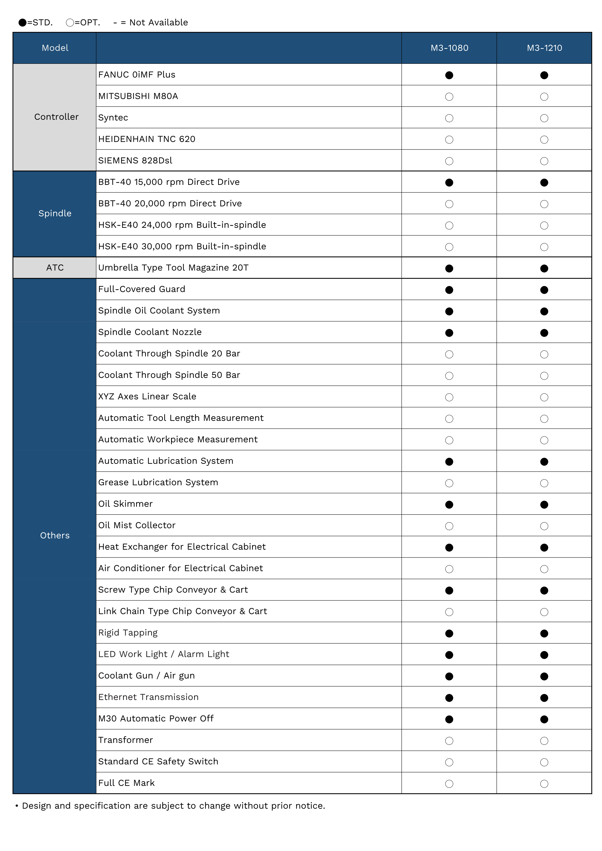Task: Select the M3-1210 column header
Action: (544, 48)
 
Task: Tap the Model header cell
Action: (55, 48)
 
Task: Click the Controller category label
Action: (56, 117)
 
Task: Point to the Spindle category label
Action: (55, 213)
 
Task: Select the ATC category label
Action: (55, 268)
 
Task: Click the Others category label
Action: (55, 535)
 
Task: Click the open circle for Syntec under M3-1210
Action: (544, 118)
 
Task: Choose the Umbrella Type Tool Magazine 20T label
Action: (173, 268)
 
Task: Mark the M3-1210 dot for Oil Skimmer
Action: (544, 504)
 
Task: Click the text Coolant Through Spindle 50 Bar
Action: (169, 375)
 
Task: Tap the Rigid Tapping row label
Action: (128, 632)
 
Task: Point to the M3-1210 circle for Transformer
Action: (544, 741)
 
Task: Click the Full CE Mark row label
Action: (126, 783)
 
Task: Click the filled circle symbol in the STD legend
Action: (23, 23)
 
